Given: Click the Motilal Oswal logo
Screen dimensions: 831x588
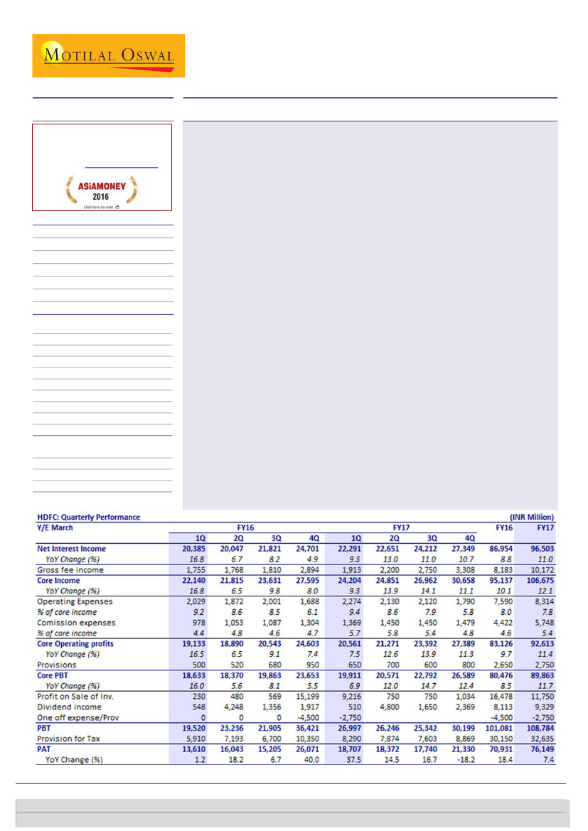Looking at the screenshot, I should [x=108, y=55].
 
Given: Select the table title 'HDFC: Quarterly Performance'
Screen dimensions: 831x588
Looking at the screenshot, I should [x=88, y=517].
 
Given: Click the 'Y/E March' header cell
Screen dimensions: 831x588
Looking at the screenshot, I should [x=55, y=527].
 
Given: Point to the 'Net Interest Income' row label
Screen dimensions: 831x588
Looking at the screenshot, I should [x=71, y=549].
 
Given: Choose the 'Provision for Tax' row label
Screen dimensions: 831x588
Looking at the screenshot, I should [x=69, y=739].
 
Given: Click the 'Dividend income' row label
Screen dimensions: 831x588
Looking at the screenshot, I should [x=68, y=707].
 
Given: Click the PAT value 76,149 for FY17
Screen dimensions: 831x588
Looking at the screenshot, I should [x=541, y=749].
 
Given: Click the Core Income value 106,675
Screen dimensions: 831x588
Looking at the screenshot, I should [x=539, y=581].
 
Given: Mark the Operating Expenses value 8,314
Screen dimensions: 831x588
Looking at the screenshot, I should [x=542, y=601].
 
